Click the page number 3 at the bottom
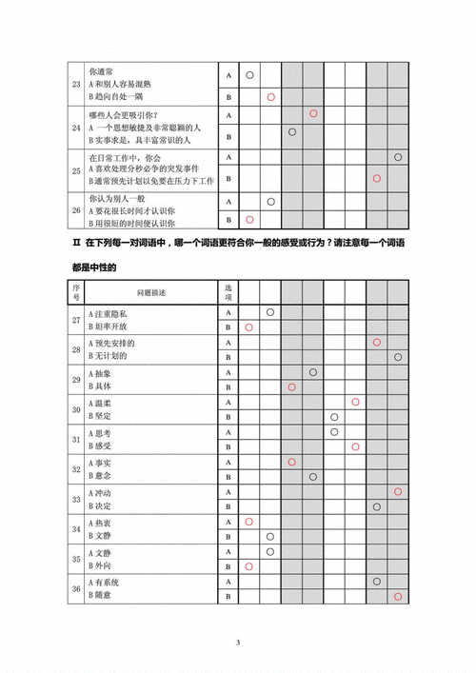pyautogui.click(x=238, y=643)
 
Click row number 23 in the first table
pyautogui.click(x=75, y=83)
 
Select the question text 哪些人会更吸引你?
pyautogui.click(x=124, y=115)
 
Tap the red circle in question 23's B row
pyautogui.click(x=270, y=97)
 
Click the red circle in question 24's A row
pyautogui.click(x=312, y=114)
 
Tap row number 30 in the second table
pyautogui.click(x=76, y=408)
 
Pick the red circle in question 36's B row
pyautogui.click(x=398, y=596)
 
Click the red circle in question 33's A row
pyautogui.click(x=398, y=491)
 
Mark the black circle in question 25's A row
pyautogui.click(x=398, y=157)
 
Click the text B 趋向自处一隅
pyautogui.click(x=118, y=96)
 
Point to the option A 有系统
pyautogui.click(x=106, y=581)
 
